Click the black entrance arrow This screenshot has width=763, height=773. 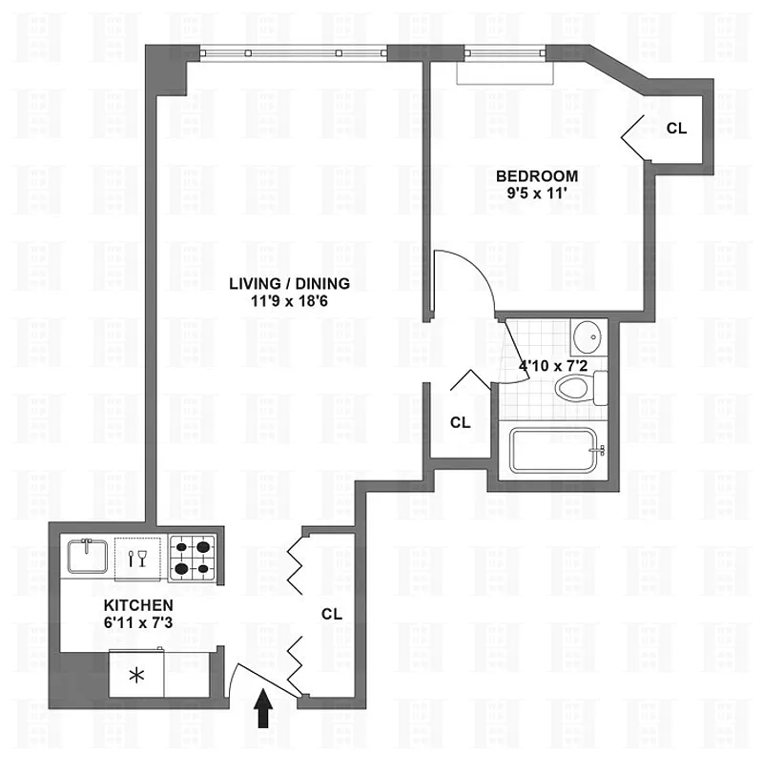click(x=263, y=708)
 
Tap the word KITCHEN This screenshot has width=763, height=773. click(x=138, y=605)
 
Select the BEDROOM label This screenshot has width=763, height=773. click(x=537, y=176)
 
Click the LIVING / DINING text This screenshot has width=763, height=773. click(x=290, y=283)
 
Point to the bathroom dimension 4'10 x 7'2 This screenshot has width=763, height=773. click(x=553, y=366)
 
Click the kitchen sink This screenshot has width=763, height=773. click(x=88, y=556)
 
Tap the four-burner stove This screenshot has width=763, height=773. click(x=193, y=558)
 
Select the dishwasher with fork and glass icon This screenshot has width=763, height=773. click(x=137, y=559)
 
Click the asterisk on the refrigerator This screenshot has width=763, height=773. click(x=136, y=675)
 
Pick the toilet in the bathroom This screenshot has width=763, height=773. click(x=581, y=388)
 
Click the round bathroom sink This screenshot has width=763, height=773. click(x=588, y=336)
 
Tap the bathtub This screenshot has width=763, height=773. click(x=553, y=451)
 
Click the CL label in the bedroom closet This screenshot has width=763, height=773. click(x=676, y=128)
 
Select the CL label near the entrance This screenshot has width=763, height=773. click(x=332, y=614)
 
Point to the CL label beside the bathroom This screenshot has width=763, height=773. click(x=460, y=422)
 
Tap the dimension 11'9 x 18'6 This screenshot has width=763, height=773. click(x=290, y=301)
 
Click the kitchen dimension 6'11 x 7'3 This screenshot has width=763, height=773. click(x=138, y=622)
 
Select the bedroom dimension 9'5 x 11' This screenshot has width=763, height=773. click(x=537, y=193)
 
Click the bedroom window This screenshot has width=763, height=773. click(x=505, y=52)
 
